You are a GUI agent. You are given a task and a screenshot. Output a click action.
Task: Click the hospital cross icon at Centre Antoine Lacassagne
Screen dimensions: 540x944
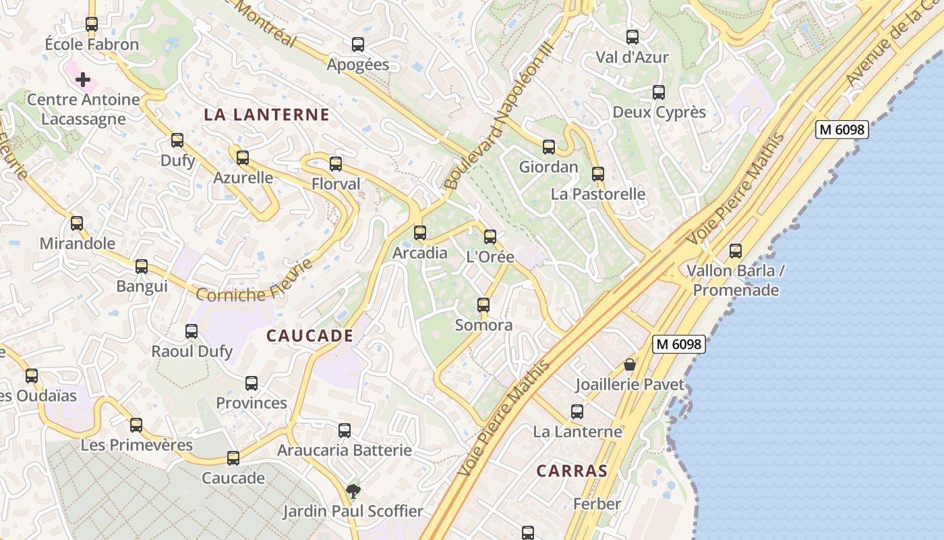pyautogui.click(x=83, y=80)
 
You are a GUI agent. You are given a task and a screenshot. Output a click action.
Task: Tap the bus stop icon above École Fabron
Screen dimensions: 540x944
pyautogui.click(x=92, y=24)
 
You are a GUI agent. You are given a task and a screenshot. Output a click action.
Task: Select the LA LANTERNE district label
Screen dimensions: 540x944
pyautogui.click(x=267, y=115)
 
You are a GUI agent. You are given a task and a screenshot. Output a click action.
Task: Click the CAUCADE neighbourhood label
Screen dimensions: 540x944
pyautogui.click(x=309, y=335)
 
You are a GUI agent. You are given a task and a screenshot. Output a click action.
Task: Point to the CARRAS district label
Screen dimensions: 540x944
pyautogui.click(x=572, y=470)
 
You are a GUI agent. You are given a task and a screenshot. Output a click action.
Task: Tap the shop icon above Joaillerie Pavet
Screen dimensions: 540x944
pyautogui.click(x=630, y=364)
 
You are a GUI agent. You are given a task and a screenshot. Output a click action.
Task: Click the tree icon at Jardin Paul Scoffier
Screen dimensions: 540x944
pyautogui.click(x=353, y=491)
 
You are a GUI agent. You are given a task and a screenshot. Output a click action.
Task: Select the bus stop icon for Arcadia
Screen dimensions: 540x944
pyautogui.click(x=420, y=233)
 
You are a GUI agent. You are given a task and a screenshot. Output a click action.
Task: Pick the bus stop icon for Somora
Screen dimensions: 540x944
pyautogui.click(x=483, y=305)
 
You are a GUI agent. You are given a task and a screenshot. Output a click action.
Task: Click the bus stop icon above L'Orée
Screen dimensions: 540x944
pyautogui.click(x=490, y=237)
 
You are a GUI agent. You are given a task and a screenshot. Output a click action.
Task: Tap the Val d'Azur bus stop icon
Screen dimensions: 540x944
pyautogui.click(x=632, y=37)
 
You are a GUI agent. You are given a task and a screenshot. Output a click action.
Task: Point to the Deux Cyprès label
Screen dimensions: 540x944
pyautogui.click(x=659, y=112)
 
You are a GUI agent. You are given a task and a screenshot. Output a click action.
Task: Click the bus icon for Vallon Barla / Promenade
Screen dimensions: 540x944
pyautogui.click(x=736, y=251)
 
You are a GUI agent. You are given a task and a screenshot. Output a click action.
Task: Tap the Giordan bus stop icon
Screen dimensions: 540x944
pyautogui.click(x=549, y=147)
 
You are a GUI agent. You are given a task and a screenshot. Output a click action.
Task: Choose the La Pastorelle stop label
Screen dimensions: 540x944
pyautogui.click(x=598, y=194)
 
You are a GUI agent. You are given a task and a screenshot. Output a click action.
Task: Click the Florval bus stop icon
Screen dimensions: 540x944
pyautogui.click(x=336, y=164)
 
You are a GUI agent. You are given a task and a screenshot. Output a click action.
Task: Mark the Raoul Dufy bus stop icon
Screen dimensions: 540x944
pyautogui.click(x=191, y=331)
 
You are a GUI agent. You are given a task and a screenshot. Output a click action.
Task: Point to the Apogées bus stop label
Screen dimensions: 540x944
pyautogui.click(x=358, y=65)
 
